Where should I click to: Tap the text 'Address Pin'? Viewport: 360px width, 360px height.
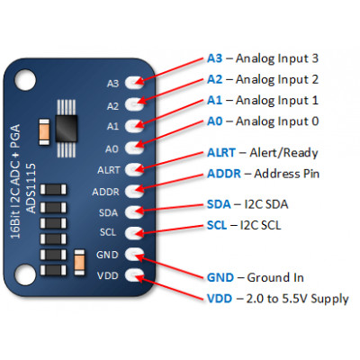[x=291, y=173]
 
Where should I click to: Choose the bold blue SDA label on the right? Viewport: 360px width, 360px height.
[x=220, y=203]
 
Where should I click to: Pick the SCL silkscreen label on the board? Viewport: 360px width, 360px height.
[x=108, y=234]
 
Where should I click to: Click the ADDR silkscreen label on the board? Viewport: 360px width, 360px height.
[x=105, y=191]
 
